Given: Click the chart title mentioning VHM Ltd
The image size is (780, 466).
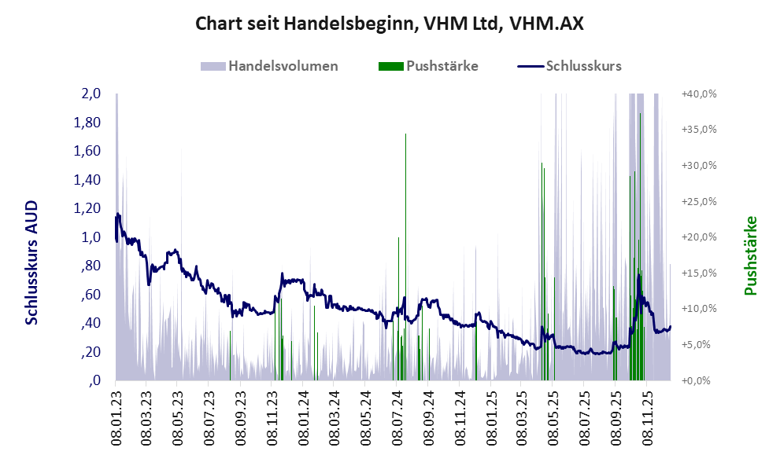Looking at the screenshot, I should coord(390,24).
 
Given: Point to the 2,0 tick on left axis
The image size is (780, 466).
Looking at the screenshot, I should coord(91,94).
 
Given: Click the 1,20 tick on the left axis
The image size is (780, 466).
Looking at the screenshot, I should coord(88,208).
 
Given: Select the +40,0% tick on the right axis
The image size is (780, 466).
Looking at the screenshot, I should coord(697,94).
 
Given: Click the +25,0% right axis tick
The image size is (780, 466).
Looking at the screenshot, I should coord(697,202).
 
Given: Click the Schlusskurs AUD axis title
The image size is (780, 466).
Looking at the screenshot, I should coord(31,262).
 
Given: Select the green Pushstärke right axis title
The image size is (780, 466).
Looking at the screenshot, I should coord(750,256).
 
